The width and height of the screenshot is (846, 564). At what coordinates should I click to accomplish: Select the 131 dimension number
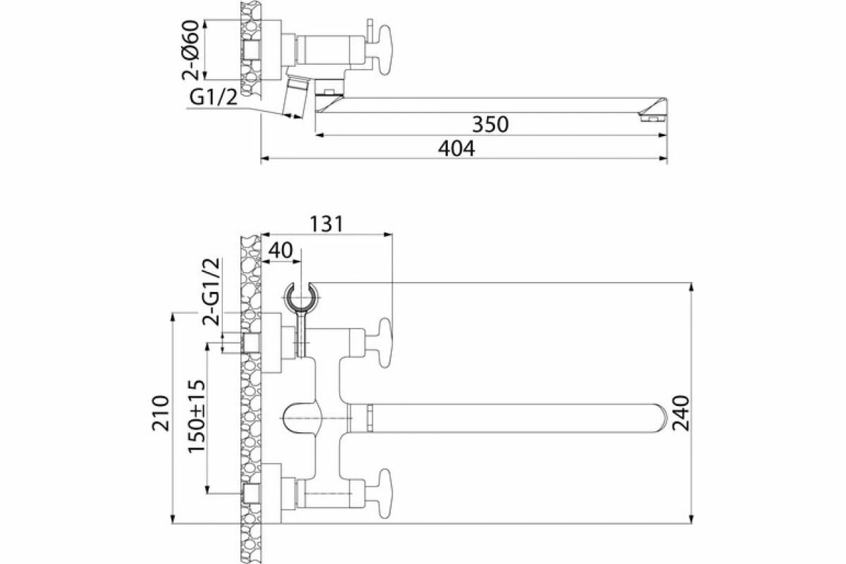tap(325, 223)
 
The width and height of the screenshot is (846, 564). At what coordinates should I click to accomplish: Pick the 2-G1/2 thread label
tap(211, 291)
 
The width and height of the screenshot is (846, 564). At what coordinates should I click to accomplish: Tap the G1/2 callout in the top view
tap(212, 99)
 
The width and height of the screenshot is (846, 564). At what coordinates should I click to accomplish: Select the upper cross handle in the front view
tap(385, 343)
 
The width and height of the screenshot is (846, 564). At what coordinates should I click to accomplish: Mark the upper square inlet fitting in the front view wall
tap(250, 343)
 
